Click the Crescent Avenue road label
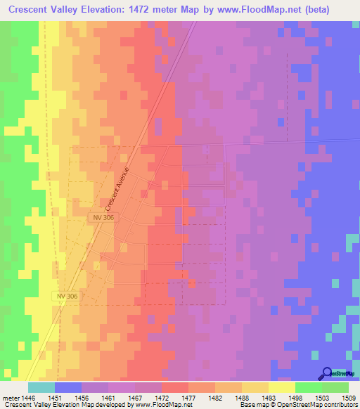click(117, 190)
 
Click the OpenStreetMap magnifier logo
click(327, 373)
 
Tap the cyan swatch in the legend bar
click(41, 387)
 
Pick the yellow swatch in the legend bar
click(281, 387)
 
